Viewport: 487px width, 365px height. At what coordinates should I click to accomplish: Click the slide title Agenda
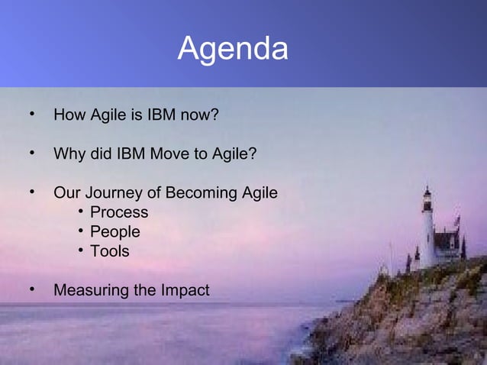(x=233, y=50)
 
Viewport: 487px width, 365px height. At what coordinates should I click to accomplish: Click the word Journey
(x=114, y=192)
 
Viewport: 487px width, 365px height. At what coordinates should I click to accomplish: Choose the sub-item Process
(x=119, y=212)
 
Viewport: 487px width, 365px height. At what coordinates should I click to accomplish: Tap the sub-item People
(x=115, y=231)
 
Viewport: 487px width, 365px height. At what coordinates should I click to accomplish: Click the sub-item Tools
(x=110, y=250)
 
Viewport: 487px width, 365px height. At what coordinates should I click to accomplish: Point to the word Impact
(x=185, y=290)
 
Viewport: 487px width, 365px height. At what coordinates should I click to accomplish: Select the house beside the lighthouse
(x=447, y=244)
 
